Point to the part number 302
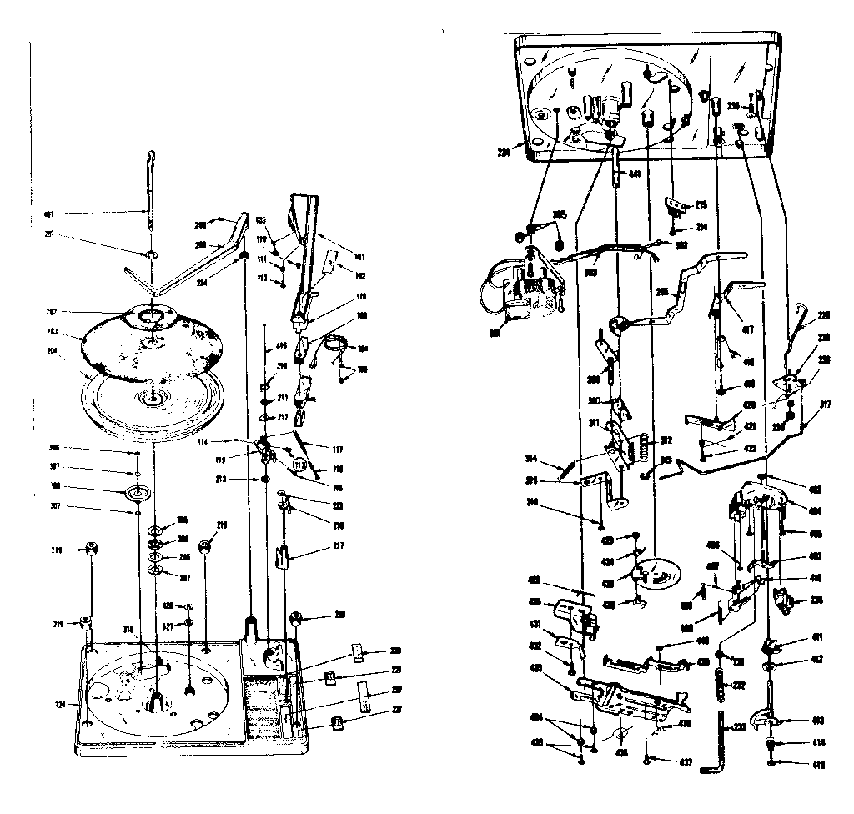(x=681, y=245)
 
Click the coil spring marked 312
(x=643, y=451)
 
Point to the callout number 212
(x=284, y=417)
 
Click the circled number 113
(x=299, y=464)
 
